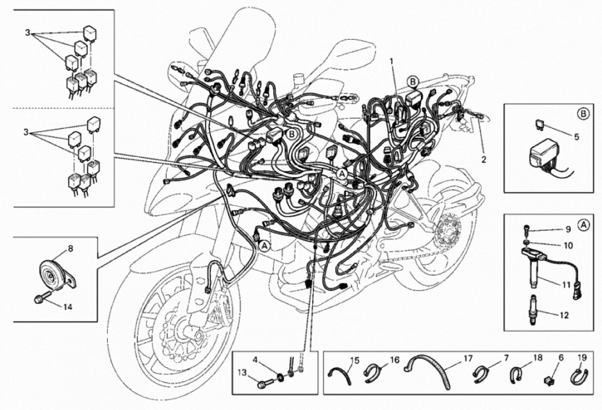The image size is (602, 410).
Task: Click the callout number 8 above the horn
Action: (70, 249)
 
